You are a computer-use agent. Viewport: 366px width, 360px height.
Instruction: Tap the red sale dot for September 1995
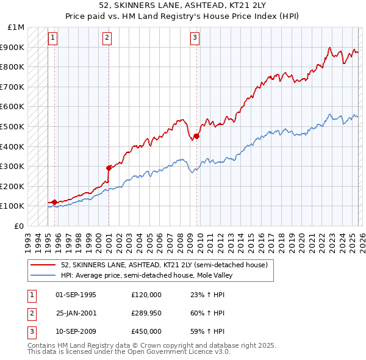pyautogui.click(x=54, y=202)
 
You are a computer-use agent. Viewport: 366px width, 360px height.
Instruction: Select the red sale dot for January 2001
pyautogui.click(x=109, y=168)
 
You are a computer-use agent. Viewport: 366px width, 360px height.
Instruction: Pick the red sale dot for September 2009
pyautogui.click(x=196, y=136)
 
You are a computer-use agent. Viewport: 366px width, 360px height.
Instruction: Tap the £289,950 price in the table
pyautogui.click(x=146, y=313)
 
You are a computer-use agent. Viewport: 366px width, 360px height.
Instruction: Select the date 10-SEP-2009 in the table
pyautogui.click(x=76, y=331)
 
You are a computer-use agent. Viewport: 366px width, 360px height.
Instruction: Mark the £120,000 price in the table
pyautogui.click(x=146, y=295)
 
